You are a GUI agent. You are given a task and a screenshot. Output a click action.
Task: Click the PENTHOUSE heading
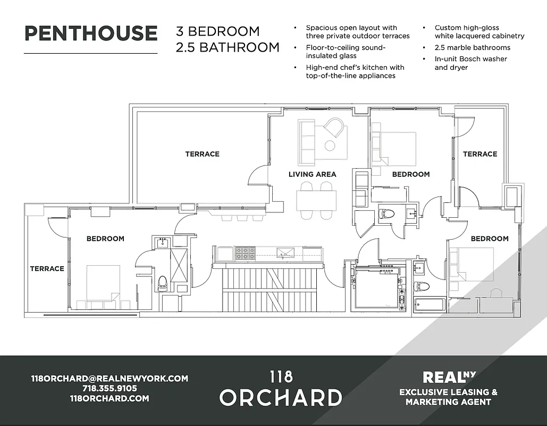(91, 33)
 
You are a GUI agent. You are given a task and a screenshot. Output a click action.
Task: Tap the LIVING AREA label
(312, 174)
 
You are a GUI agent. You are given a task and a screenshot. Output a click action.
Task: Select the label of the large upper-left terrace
(202, 154)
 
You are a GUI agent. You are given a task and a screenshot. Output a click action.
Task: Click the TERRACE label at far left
(47, 269)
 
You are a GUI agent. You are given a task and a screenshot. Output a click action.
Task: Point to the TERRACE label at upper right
(480, 154)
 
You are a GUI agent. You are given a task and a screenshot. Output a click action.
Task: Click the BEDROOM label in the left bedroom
(105, 239)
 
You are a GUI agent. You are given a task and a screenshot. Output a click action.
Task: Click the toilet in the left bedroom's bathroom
(162, 282)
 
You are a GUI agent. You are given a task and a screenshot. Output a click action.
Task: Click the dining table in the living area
(316, 199)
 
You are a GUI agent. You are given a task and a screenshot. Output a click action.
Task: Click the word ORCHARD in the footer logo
(281, 398)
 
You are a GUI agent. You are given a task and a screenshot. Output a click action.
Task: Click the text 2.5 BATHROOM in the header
(228, 47)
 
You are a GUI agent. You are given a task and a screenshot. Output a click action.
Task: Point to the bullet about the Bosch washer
(470, 63)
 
